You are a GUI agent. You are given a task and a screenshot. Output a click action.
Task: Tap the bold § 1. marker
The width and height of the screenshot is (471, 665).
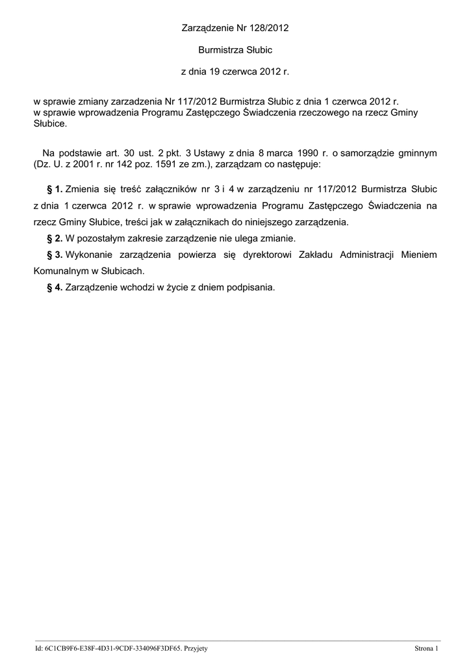click(x=55, y=190)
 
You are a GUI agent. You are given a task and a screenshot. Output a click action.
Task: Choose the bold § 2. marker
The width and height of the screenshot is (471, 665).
click(x=55, y=238)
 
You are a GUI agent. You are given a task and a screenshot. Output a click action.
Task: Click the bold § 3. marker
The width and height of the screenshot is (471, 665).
click(x=55, y=255)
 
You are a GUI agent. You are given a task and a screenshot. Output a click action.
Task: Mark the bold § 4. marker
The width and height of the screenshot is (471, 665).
click(x=55, y=287)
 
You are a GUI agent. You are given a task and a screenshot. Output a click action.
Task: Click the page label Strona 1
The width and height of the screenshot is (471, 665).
click(x=427, y=649)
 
